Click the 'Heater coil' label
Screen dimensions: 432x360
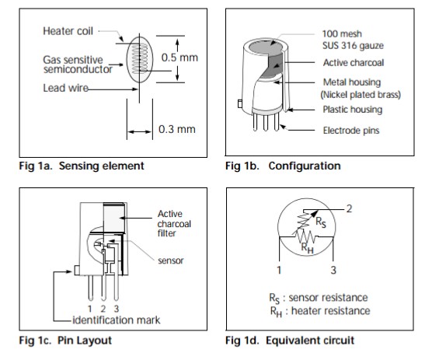[68, 31]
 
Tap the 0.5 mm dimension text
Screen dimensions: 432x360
[179, 58]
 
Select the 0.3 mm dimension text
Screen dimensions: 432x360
[177, 129]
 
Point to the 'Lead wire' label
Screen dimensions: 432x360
[65, 88]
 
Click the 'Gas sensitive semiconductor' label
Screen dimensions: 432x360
[78, 65]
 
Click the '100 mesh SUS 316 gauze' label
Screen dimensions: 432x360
[353, 40]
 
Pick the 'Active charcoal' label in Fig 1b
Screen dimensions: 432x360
[354, 63]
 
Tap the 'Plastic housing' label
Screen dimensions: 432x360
[353, 110]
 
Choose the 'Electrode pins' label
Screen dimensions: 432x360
[351, 131]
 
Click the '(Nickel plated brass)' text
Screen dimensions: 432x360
[361, 95]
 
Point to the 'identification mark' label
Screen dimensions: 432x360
[116, 320]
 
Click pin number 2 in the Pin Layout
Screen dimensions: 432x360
[103, 309]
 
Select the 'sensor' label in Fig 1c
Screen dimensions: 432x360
[170, 260]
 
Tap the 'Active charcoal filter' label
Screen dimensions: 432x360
[174, 224]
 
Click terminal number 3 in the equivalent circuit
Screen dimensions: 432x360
[333, 270]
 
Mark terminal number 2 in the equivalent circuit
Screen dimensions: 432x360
[349, 209]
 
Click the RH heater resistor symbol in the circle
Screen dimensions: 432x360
[305, 236]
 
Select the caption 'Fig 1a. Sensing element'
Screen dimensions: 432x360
[82, 166]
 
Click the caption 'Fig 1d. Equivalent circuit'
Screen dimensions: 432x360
[290, 341]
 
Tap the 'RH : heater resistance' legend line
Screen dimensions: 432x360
[320, 311]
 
